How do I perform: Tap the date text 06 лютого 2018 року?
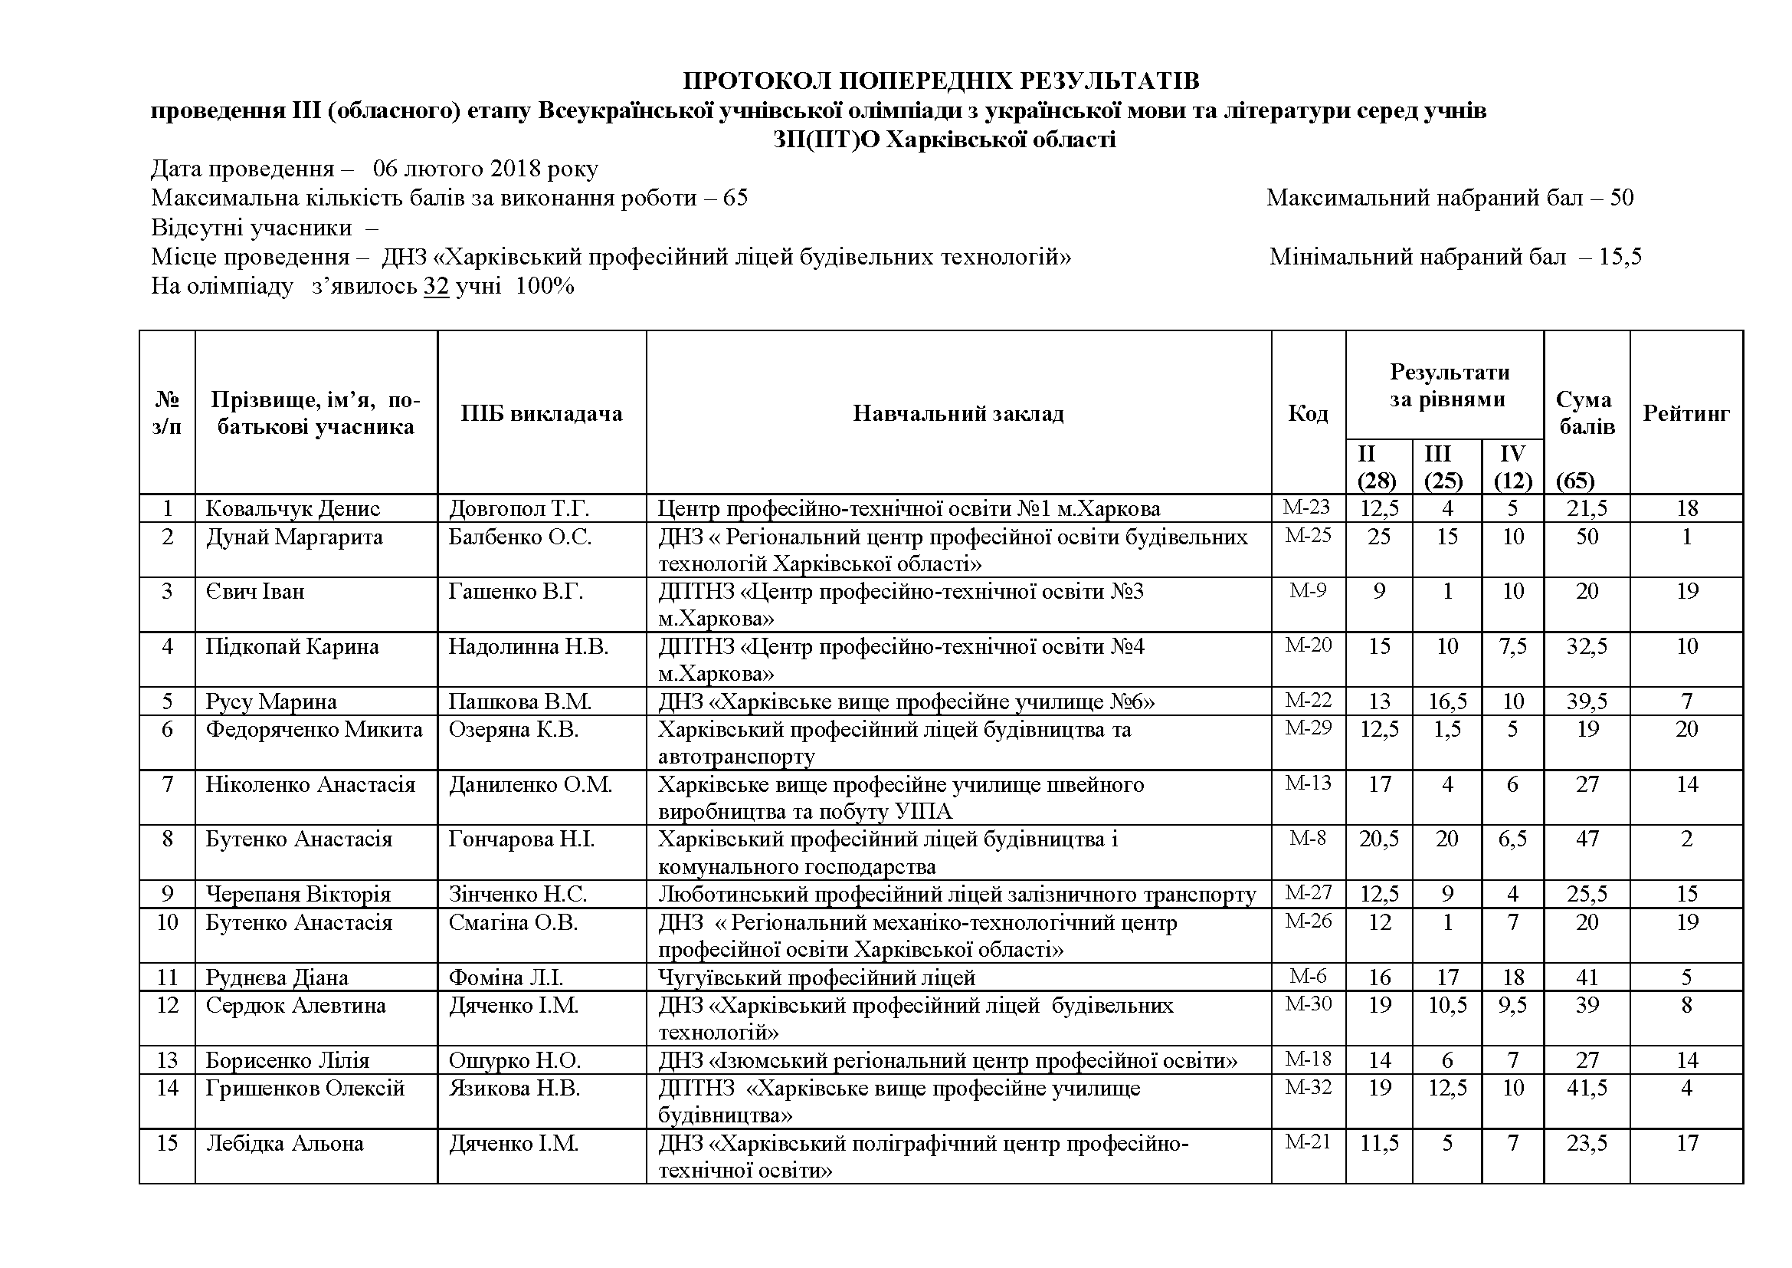pyautogui.click(x=485, y=169)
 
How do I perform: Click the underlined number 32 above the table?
pyautogui.click(x=436, y=286)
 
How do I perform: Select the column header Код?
pyautogui.click(x=1307, y=413)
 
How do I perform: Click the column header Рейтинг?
pyautogui.click(x=1686, y=413)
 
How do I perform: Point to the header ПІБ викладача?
pyautogui.click(x=541, y=413)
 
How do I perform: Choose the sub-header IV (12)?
pyautogui.click(x=1512, y=467)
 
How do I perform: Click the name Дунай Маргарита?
pyautogui.click(x=294, y=537)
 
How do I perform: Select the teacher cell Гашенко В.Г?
pyautogui.click(x=515, y=592)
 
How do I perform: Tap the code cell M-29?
pyautogui.click(x=1308, y=728)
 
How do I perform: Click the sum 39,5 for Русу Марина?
pyautogui.click(x=1587, y=701)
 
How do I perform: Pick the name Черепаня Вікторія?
pyautogui.click(x=298, y=894)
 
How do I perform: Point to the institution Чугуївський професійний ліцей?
pyautogui.click(x=817, y=977)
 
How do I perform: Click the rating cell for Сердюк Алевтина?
pyautogui.click(x=1686, y=1005)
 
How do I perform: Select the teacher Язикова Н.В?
pyautogui.click(x=513, y=1088)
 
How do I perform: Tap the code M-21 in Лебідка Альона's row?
pyautogui.click(x=1308, y=1142)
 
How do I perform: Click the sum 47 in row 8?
pyautogui.click(x=1587, y=839)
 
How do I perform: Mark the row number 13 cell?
pyautogui.click(x=167, y=1060)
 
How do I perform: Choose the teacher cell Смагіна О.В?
pyautogui.click(x=513, y=923)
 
